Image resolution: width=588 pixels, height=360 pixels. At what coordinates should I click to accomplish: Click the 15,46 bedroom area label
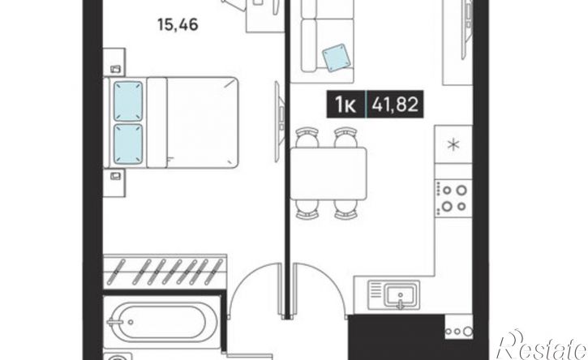tap(178, 25)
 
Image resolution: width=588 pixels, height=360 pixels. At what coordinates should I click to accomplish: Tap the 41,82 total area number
tap(395, 105)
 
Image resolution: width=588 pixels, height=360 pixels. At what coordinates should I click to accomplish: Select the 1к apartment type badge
tap(346, 105)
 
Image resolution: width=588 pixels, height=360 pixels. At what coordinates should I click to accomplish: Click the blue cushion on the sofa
tap(337, 58)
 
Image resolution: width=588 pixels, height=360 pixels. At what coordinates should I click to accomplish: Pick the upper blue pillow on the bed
tap(128, 101)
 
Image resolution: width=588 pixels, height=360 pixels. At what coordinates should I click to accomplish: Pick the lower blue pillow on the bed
tap(128, 144)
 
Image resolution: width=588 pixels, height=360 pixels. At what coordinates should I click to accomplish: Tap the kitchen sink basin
tap(401, 294)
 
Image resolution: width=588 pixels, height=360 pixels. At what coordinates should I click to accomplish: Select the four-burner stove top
tap(453, 198)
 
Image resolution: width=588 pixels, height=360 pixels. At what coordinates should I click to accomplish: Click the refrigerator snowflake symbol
tap(454, 144)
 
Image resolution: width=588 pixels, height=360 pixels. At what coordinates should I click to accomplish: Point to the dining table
tap(328, 174)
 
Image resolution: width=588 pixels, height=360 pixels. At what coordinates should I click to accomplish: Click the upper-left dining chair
tap(307, 137)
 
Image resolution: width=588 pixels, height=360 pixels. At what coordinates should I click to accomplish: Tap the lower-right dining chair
tap(346, 209)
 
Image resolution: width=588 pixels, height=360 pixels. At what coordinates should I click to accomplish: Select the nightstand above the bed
tap(114, 62)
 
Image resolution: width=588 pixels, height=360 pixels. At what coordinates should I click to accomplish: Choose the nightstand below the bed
tap(114, 182)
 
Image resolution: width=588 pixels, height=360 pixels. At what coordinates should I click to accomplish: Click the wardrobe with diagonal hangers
tap(165, 271)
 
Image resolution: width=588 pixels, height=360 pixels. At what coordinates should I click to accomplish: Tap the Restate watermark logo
tap(542, 345)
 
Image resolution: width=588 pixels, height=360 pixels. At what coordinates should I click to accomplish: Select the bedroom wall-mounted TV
tap(278, 122)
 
